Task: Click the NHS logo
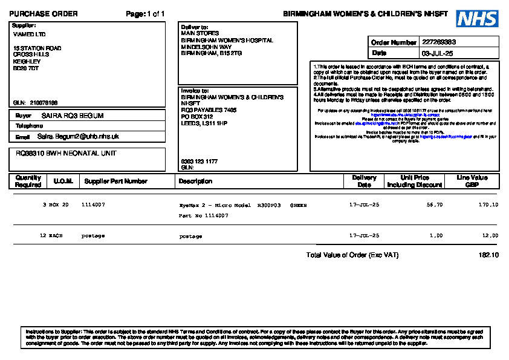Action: coord(477,18)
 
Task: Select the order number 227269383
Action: coord(439,42)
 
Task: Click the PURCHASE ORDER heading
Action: coord(44,14)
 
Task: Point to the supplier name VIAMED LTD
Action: coord(29,34)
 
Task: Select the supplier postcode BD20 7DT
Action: coord(26,68)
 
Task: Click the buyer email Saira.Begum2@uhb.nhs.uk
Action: coord(78,137)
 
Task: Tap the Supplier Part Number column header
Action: coord(115,181)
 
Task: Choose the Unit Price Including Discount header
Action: coord(415,181)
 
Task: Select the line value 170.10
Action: coord(488,205)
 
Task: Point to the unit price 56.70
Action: coord(435,205)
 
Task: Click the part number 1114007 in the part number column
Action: coord(93,205)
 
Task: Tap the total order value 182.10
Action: coord(488,255)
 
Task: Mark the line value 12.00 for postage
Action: coord(490,236)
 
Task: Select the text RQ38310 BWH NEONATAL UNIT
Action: coord(66,154)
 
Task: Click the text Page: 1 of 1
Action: coord(145,14)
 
